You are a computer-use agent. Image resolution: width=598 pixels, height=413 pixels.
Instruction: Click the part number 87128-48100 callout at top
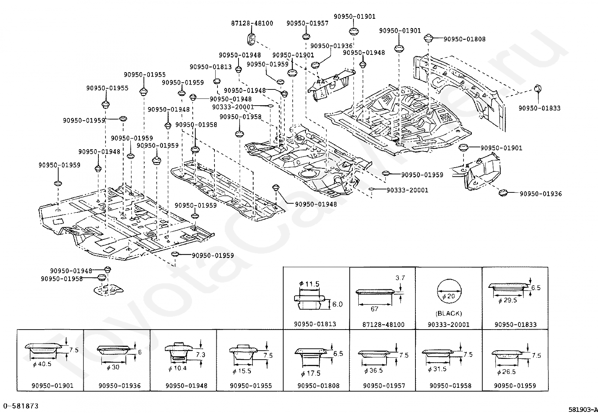pyautogui.click(x=252, y=23)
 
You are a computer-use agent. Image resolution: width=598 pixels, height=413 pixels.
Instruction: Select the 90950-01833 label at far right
pyautogui.click(x=539, y=108)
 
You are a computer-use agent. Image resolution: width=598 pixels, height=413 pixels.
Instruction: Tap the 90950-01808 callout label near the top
pyautogui.click(x=465, y=39)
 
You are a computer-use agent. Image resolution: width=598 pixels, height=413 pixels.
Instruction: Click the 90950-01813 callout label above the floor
pyautogui.click(x=211, y=67)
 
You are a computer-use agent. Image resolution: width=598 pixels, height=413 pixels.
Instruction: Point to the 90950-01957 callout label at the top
pyautogui.click(x=308, y=23)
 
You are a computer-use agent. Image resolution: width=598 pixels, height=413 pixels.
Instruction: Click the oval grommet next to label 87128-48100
pyautogui.click(x=251, y=39)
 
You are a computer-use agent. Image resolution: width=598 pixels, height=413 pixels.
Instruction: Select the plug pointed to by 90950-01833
pyautogui.click(x=538, y=88)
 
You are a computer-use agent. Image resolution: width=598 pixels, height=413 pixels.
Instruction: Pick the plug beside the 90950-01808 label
pyautogui.click(x=428, y=38)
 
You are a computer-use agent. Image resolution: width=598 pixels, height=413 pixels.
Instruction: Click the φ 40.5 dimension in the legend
pyautogui.click(x=42, y=364)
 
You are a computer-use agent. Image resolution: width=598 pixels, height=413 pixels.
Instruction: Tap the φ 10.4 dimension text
pyautogui.click(x=178, y=368)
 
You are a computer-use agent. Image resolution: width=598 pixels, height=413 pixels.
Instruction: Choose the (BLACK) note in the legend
pyautogui.click(x=449, y=313)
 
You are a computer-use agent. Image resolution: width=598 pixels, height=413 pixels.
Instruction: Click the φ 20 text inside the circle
pyautogui.click(x=448, y=296)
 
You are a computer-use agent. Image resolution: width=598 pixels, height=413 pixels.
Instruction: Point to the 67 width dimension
pyautogui.click(x=375, y=309)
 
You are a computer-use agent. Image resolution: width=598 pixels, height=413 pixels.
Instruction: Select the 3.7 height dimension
pyautogui.click(x=400, y=278)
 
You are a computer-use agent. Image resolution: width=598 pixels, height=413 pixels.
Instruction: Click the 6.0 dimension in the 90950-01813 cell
pyautogui.click(x=337, y=304)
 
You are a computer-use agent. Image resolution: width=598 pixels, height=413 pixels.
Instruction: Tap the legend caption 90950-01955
pyautogui.click(x=251, y=386)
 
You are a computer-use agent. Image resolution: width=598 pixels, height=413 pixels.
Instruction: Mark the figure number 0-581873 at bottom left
pyautogui.click(x=21, y=406)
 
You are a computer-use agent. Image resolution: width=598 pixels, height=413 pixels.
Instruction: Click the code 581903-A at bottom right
pyautogui.click(x=583, y=410)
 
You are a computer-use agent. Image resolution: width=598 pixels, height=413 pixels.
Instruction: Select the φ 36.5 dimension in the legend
pyautogui.click(x=373, y=371)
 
